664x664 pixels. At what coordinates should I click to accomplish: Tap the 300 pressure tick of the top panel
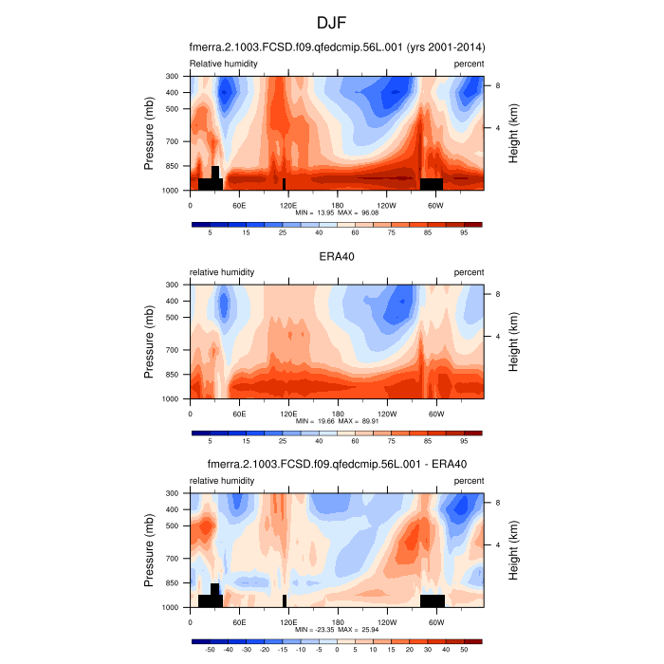coord(173,76)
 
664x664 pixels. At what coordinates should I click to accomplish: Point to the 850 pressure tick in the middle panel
coord(173,375)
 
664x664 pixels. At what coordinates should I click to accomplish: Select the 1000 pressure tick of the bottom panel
coord(173,608)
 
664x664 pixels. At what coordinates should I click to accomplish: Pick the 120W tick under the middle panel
coord(386,413)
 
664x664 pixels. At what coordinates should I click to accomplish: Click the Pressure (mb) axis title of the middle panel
coord(150,341)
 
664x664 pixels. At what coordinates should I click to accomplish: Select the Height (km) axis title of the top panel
coord(513,133)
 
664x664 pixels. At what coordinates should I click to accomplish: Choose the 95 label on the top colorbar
coord(465,232)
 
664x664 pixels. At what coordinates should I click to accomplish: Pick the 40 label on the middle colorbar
coord(319,441)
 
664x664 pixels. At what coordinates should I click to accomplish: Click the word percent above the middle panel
coord(469,272)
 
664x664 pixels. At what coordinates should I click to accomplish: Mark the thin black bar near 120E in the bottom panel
coord(285,600)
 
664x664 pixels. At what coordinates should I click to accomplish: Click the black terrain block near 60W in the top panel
coord(432,184)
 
